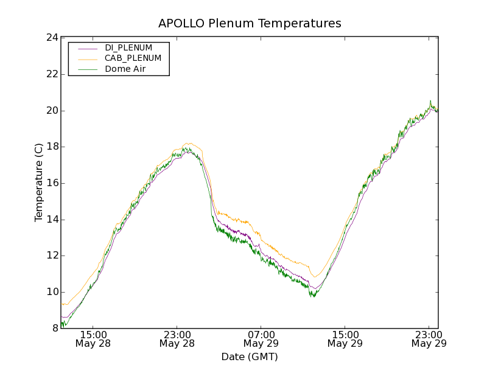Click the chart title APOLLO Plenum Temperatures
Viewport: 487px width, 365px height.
pyautogui.click(x=250, y=24)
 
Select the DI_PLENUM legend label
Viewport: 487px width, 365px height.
pyautogui.click(x=128, y=47)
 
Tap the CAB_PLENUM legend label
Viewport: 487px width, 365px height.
pyautogui.click(x=133, y=58)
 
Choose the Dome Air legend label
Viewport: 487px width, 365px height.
pyautogui.click(x=125, y=69)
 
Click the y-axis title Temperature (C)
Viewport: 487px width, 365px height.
pyautogui.click(x=39, y=182)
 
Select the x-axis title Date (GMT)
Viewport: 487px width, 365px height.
pyautogui.click(x=250, y=356)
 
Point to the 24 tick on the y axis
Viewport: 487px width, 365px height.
pyautogui.click(x=51, y=38)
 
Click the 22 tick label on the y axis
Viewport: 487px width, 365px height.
pyautogui.click(x=51, y=74)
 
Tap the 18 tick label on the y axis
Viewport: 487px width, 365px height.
pyautogui.click(x=51, y=147)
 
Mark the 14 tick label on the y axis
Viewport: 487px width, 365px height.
pyautogui.click(x=51, y=220)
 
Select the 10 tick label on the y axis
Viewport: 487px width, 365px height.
pyautogui.click(x=51, y=292)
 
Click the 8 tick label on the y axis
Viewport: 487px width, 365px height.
pyautogui.click(x=54, y=328)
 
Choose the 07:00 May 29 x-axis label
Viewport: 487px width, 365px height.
pyautogui.click(x=261, y=339)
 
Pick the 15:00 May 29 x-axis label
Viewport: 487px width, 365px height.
pyautogui.click(x=345, y=339)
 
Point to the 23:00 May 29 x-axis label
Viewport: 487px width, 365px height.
pyautogui.click(x=429, y=339)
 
